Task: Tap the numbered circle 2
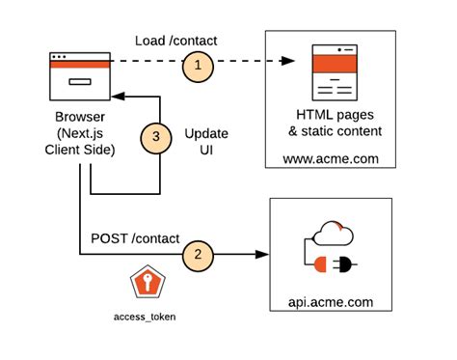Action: pyautogui.click(x=197, y=256)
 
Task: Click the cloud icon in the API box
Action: pyautogui.click(x=333, y=233)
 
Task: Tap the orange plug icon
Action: pyautogui.click(x=331, y=262)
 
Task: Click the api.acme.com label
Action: pyautogui.click(x=331, y=302)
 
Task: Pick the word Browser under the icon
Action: pyautogui.click(x=79, y=118)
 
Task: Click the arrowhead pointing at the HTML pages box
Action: pyautogui.click(x=286, y=63)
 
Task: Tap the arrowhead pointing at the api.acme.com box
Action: pyautogui.click(x=261, y=256)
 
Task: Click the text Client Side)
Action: pyautogui.click(x=79, y=151)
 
